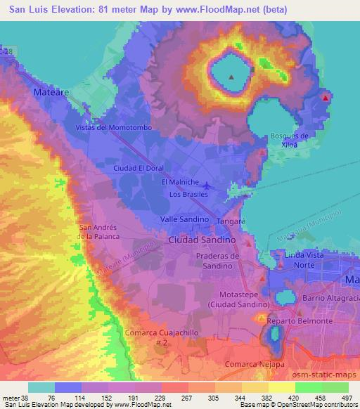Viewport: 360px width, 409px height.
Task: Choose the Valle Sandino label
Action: pos(185,219)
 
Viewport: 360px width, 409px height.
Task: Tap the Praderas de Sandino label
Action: pos(219,261)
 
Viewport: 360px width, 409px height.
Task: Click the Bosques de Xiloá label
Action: pos(289,139)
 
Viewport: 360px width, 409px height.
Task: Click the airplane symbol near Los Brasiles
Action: pos(215,186)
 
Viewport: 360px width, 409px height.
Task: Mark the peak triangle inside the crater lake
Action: pos(232,77)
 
